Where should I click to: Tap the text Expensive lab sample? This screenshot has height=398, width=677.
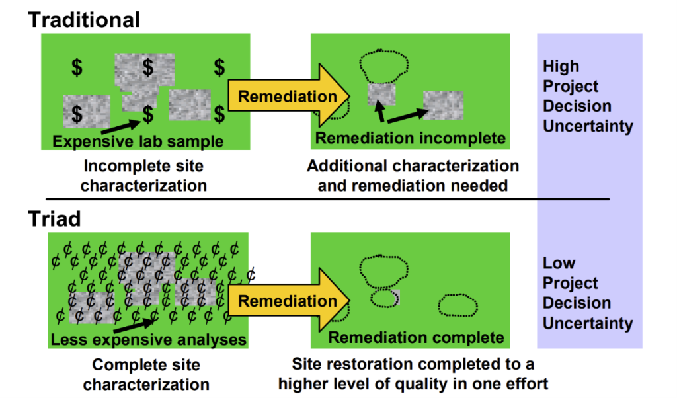[x=138, y=141]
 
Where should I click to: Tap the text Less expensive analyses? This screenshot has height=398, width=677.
[x=148, y=340]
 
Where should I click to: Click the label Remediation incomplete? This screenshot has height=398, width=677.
[x=411, y=138]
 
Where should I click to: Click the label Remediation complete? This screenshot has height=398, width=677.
[x=416, y=338]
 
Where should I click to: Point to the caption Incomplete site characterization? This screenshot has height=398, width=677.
[x=143, y=175]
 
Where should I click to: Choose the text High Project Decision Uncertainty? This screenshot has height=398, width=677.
[x=587, y=96]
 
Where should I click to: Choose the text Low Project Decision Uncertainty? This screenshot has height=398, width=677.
[x=587, y=293]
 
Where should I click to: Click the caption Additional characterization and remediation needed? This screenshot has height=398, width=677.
[x=413, y=175]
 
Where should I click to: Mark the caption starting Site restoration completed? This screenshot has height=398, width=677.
[x=413, y=374]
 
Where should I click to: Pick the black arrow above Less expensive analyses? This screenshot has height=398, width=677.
[x=132, y=322]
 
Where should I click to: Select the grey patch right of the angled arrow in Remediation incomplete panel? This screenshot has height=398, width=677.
[x=443, y=104]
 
